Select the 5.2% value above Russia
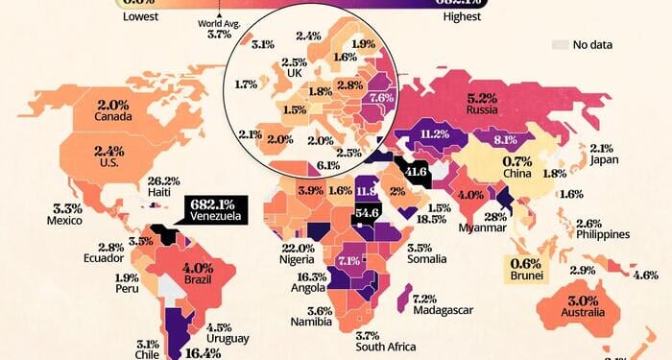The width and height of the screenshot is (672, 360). [x=483, y=98]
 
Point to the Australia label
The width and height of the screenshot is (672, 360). [x=585, y=314]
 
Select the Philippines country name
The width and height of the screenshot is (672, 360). [x=603, y=235]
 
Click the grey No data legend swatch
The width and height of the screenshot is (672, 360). [x=562, y=44]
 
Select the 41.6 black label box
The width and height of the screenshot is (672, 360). [x=415, y=173]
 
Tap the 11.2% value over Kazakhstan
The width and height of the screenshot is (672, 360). [x=429, y=134]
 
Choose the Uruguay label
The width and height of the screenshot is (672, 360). [x=228, y=340]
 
